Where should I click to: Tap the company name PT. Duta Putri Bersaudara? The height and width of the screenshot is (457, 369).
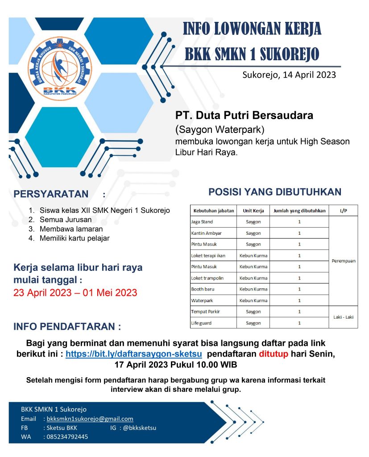pos(245,115)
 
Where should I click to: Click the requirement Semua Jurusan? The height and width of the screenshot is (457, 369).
pos(66,220)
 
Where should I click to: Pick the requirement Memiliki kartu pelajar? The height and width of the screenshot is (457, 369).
pos(75,238)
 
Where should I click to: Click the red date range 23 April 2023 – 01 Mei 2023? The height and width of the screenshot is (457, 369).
pos(75,293)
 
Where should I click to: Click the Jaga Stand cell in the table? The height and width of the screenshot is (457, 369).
pos(202,222)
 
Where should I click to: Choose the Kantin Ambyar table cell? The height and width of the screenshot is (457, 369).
pos(206,233)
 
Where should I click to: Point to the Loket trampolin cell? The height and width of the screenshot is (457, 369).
pos(207,278)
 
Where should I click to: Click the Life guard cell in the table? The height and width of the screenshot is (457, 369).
pos(201,323)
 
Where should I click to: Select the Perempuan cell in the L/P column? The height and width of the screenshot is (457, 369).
pos(344,261)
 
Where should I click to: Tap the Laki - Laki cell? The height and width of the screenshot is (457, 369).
pos(344,317)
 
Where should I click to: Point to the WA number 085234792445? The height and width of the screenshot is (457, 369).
pos(67,436)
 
